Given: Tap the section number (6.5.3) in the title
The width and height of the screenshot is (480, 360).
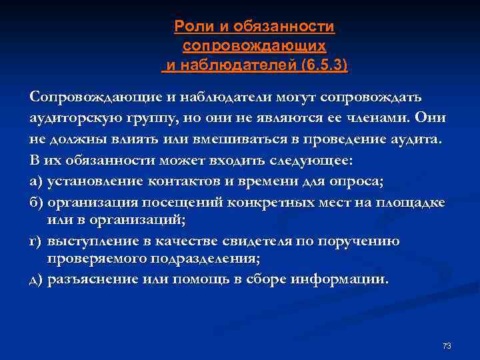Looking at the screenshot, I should (324, 65).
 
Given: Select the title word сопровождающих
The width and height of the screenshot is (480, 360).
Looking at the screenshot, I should (254, 46).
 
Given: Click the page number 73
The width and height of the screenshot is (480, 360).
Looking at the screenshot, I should (447, 345).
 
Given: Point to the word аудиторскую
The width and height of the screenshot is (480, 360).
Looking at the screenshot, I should (70, 119).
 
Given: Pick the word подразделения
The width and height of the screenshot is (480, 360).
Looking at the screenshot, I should (201, 259).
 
